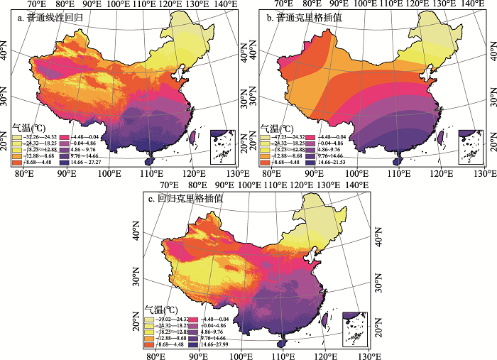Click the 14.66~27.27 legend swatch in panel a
point(66,163)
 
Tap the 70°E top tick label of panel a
point(36,5)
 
